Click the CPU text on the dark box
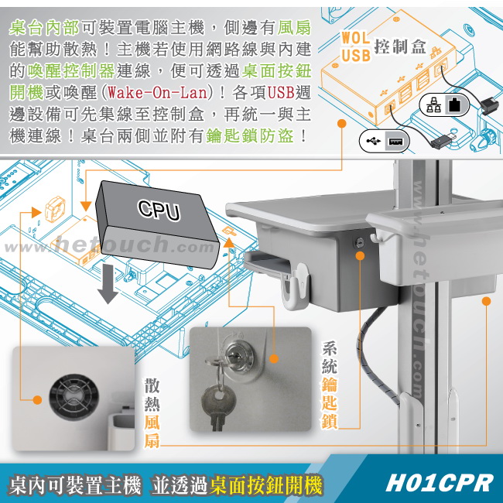[x=159, y=210]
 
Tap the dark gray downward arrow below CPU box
[x=108, y=284]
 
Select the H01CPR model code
[x=440, y=483]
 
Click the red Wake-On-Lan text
[x=158, y=93]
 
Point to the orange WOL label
[x=355, y=38]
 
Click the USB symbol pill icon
[x=385, y=141]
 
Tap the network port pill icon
[x=445, y=105]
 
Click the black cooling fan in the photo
[x=74, y=397]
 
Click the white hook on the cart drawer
[x=296, y=286]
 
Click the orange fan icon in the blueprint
[x=55, y=209]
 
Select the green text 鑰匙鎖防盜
[x=250, y=136]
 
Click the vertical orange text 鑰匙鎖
[x=330, y=403]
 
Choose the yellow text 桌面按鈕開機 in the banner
[x=266, y=485]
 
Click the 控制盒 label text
[x=400, y=47]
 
